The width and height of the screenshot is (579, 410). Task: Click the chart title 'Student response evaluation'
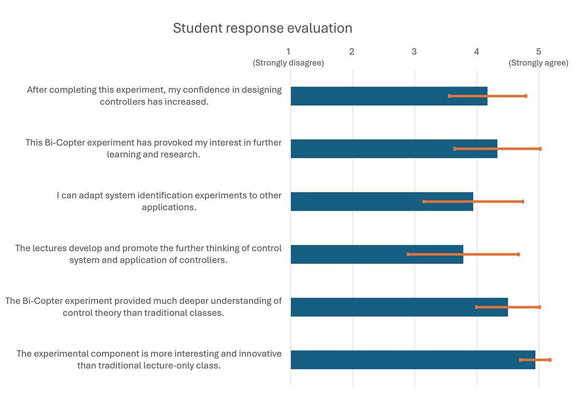pyautogui.click(x=262, y=28)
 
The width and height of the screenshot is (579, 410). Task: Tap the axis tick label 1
pyautogui.click(x=289, y=52)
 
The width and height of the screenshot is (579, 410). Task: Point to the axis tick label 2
pyautogui.click(x=352, y=52)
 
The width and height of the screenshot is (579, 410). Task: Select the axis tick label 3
pyautogui.click(x=414, y=52)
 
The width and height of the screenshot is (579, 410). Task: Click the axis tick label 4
pyautogui.click(x=476, y=52)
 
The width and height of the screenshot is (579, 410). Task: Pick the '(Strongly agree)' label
pyautogui.click(x=538, y=63)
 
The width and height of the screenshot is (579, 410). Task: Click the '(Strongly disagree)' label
pyautogui.click(x=289, y=63)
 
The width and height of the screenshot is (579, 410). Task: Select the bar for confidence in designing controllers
pyautogui.click(x=376, y=96)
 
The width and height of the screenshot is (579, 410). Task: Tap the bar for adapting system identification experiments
pyautogui.click(x=367, y=202)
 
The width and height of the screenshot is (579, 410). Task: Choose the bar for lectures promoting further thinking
pyautogui.click(x=357, y=254)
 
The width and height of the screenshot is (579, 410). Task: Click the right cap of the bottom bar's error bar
pyautogui.click(x=550, y=360)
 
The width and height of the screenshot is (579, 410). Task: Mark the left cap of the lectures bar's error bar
pyautogui.click(x=408, y=254)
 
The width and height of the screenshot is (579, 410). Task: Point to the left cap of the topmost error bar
pyautogui.click(x=449, y=96)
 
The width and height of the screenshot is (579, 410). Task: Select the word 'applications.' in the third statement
pyautogui.click(x=169, y=207)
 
